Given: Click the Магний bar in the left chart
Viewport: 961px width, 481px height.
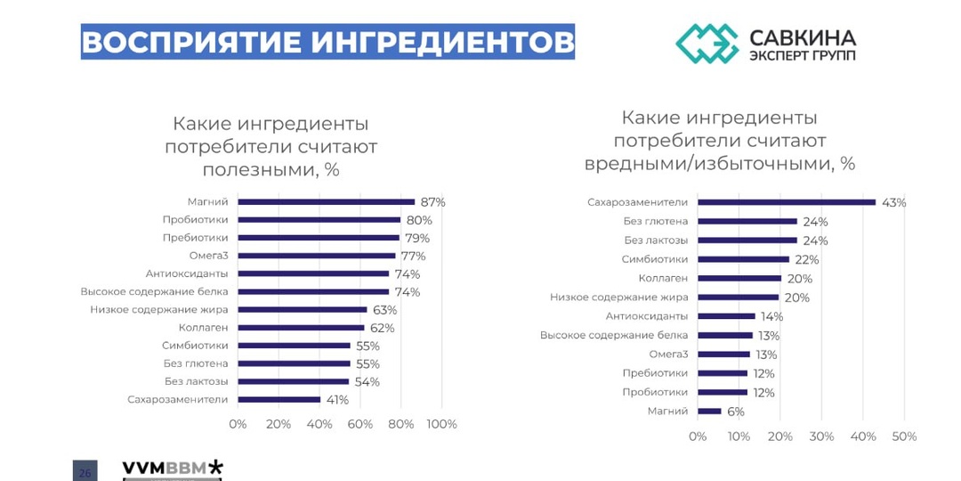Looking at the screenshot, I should [326, 202].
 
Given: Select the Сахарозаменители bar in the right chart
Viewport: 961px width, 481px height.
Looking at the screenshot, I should [787, 202].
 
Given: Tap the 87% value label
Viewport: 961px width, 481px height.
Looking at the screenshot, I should [433, 202].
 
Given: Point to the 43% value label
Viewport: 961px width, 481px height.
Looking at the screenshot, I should [893, 202].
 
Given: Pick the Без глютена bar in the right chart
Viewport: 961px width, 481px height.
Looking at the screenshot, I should [747, 221].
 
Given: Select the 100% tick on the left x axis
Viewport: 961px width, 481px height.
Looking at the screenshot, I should [442, 424].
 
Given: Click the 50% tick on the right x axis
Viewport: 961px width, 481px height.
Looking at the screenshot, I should [904, 436].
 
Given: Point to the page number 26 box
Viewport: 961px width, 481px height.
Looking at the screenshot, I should [85, 472].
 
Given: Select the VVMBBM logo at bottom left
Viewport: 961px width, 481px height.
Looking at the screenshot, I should [173, 469].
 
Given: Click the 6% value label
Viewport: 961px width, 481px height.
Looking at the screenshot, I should [735, 412].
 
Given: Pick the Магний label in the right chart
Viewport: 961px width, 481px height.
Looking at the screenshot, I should [667, 411].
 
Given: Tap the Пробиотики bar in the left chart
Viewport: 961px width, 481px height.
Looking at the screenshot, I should [319, 220].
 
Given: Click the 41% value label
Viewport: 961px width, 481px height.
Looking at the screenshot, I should [337, 400].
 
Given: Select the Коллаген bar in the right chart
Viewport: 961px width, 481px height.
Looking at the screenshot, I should [739, 278].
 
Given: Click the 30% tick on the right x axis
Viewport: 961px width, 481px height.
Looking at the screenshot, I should [821, 436].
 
